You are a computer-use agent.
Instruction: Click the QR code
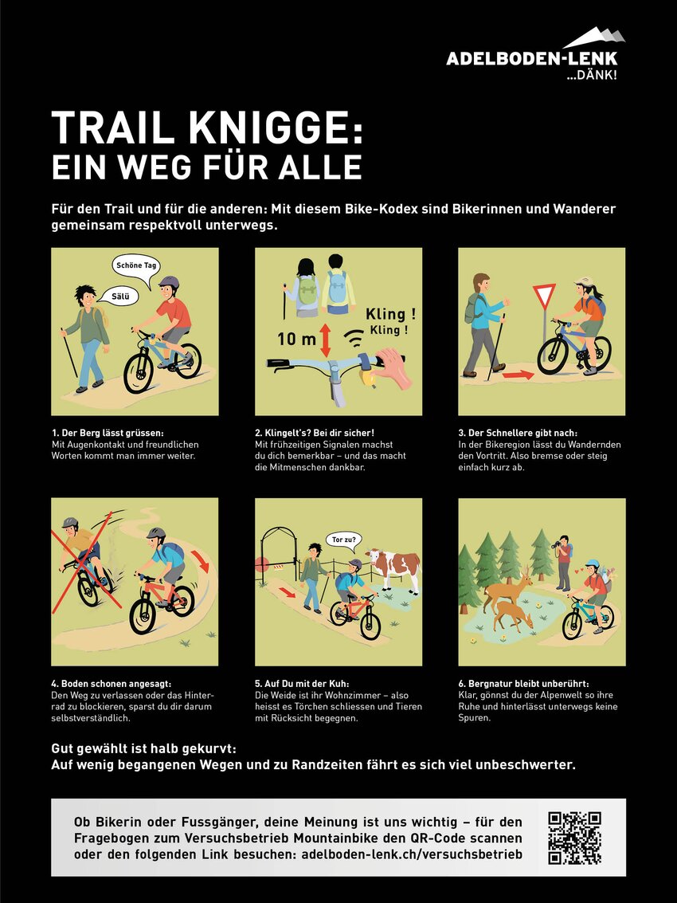click(x=574, y=838)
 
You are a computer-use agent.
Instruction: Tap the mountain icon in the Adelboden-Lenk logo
click(x=594, y=38)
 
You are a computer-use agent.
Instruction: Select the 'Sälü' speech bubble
click(x=118, y=296)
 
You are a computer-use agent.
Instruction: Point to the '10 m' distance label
click(x=296, y=339)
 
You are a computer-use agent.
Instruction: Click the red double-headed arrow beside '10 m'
click(x=326, y=340)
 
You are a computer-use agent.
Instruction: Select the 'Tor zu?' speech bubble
click(x=344, y=541)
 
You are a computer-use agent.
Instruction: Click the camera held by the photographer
click(x=557, y=544)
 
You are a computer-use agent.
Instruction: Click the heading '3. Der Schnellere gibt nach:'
click(x=518, y=433)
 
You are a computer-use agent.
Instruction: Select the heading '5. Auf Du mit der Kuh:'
click(x=302, y=684)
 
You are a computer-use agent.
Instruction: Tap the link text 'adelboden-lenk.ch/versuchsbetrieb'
click(x=412, y=854)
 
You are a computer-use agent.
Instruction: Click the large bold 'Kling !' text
click(x=390, y=315)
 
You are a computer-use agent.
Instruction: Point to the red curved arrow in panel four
click(x=200, y=559)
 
